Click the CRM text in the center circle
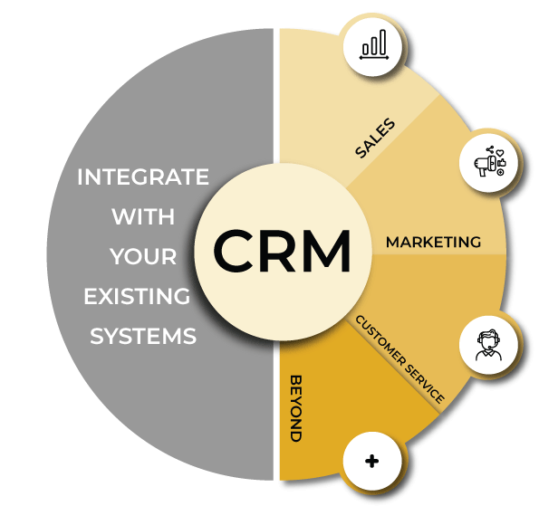tap(282, 251)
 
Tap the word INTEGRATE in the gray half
tap(143, 177)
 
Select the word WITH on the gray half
tap(143, 216)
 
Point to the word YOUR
tap(143, 256)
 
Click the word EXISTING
tap(137, 296)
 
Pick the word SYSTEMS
tap(143, 336)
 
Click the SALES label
tap(375, 138)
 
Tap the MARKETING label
tap(433, 243)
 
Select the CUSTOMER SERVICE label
tap(400, 359)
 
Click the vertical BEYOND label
tap(296, 408)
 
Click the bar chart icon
tap(374, 44)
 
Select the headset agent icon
tap(488, 345)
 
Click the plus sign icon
tap(372, 461)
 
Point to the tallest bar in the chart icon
tap(382, 43)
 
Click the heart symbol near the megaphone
tap(500, 152)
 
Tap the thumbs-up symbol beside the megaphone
tap(502, 162)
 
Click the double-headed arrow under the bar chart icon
tap(374, 58)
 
